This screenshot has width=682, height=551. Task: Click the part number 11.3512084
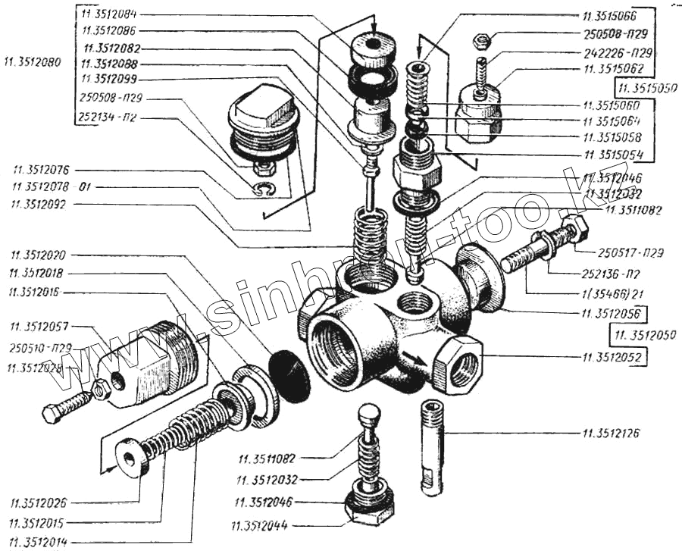point(115,14)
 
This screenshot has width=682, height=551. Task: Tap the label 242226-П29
point(617,54)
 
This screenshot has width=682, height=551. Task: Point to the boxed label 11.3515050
point(646,87)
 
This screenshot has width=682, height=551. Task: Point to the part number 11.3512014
point(43,541)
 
